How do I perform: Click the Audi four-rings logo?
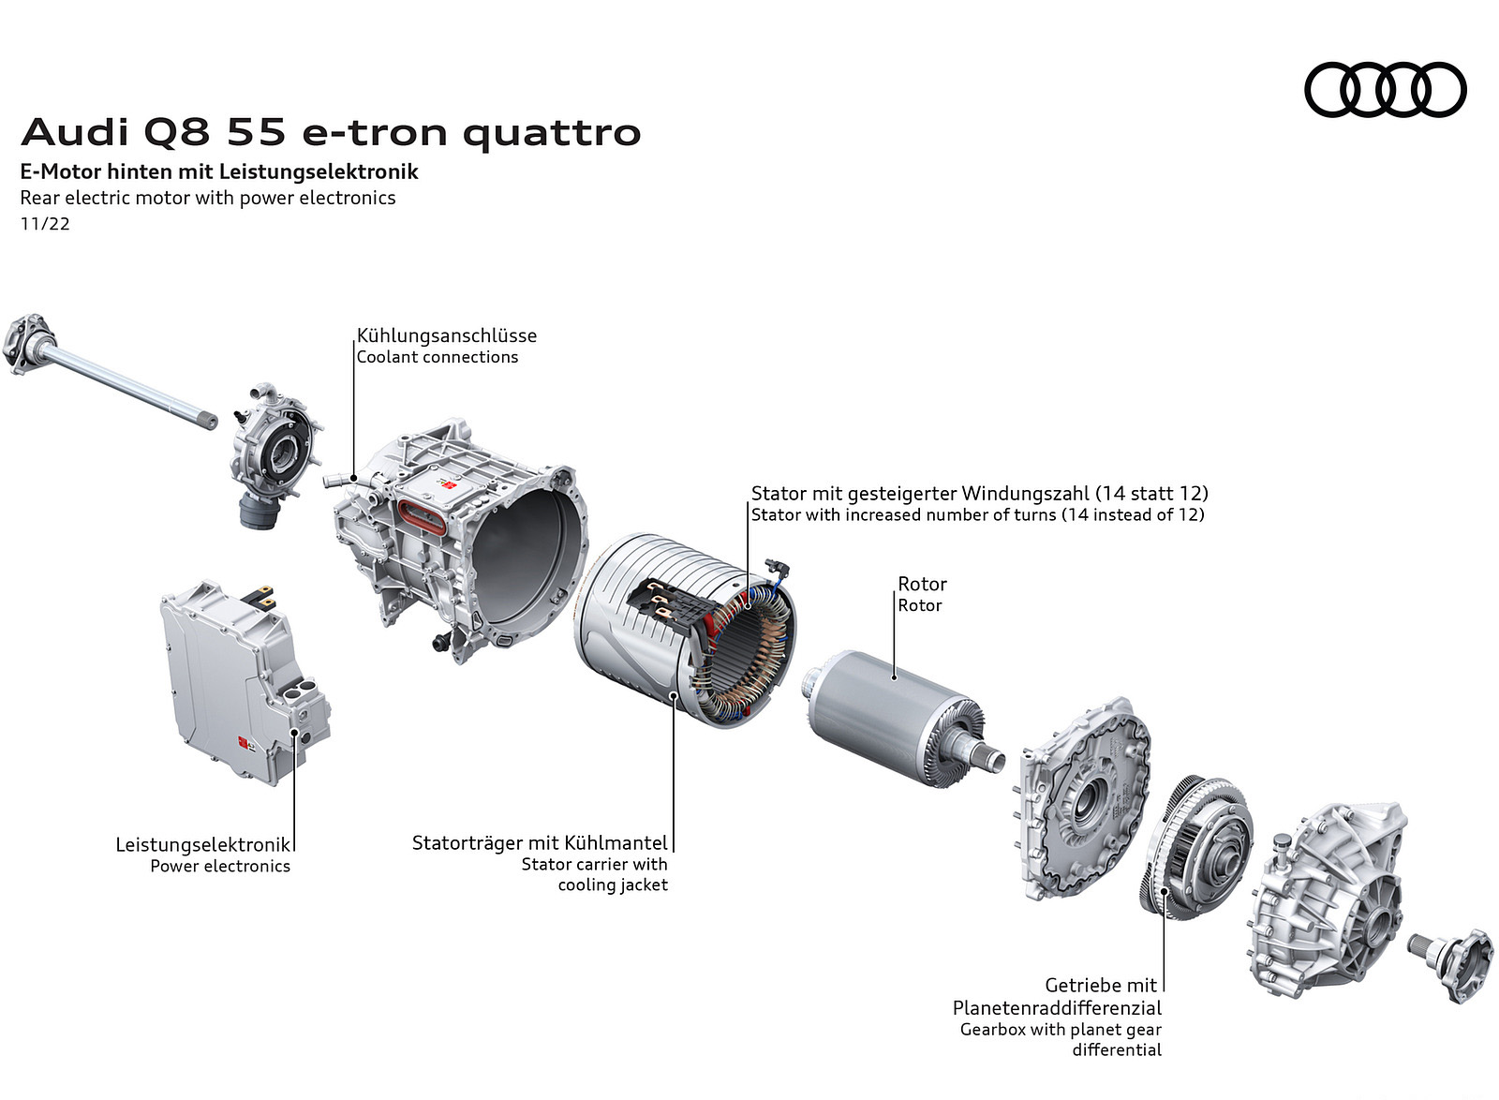click(x=1386, y=90)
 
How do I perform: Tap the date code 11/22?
click(x=45, y=224)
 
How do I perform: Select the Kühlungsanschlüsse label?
click(x=446, y=335)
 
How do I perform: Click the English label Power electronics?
click(x=220, y=866)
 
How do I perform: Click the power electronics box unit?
click(x=244, y=682)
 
